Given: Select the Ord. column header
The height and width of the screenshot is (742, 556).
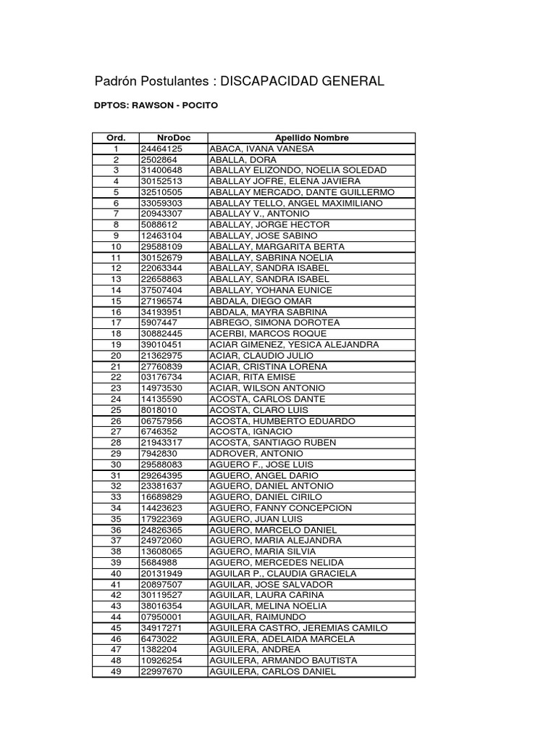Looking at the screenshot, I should coord(116,138).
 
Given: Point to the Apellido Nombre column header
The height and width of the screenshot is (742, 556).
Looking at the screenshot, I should coord(311,138).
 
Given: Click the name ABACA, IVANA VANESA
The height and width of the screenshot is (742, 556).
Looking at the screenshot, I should coord(261,149).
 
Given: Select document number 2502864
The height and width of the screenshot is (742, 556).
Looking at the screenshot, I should coord(159,159).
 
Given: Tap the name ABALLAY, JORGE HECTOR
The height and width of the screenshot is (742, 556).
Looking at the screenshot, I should coord(269,225).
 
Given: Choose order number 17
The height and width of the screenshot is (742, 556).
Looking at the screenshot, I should coord(116,322).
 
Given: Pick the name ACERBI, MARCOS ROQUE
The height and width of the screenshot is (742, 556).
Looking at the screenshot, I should coord(268,333).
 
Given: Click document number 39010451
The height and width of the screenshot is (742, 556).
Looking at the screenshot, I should coord(162,344).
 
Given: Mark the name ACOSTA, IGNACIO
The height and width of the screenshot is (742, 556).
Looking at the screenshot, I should coord(252,432).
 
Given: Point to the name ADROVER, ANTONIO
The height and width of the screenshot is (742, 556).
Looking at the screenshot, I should coord(256,454).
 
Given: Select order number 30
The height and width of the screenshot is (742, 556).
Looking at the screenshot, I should coord(116,464).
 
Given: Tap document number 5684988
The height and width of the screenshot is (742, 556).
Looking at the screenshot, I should coord(159,562).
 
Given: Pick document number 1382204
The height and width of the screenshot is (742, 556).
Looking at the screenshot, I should coord(159,649).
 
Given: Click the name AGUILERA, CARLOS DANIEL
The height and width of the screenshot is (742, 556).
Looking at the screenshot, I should coord(272,671).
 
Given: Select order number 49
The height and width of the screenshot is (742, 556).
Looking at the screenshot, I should coord(116,671).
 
